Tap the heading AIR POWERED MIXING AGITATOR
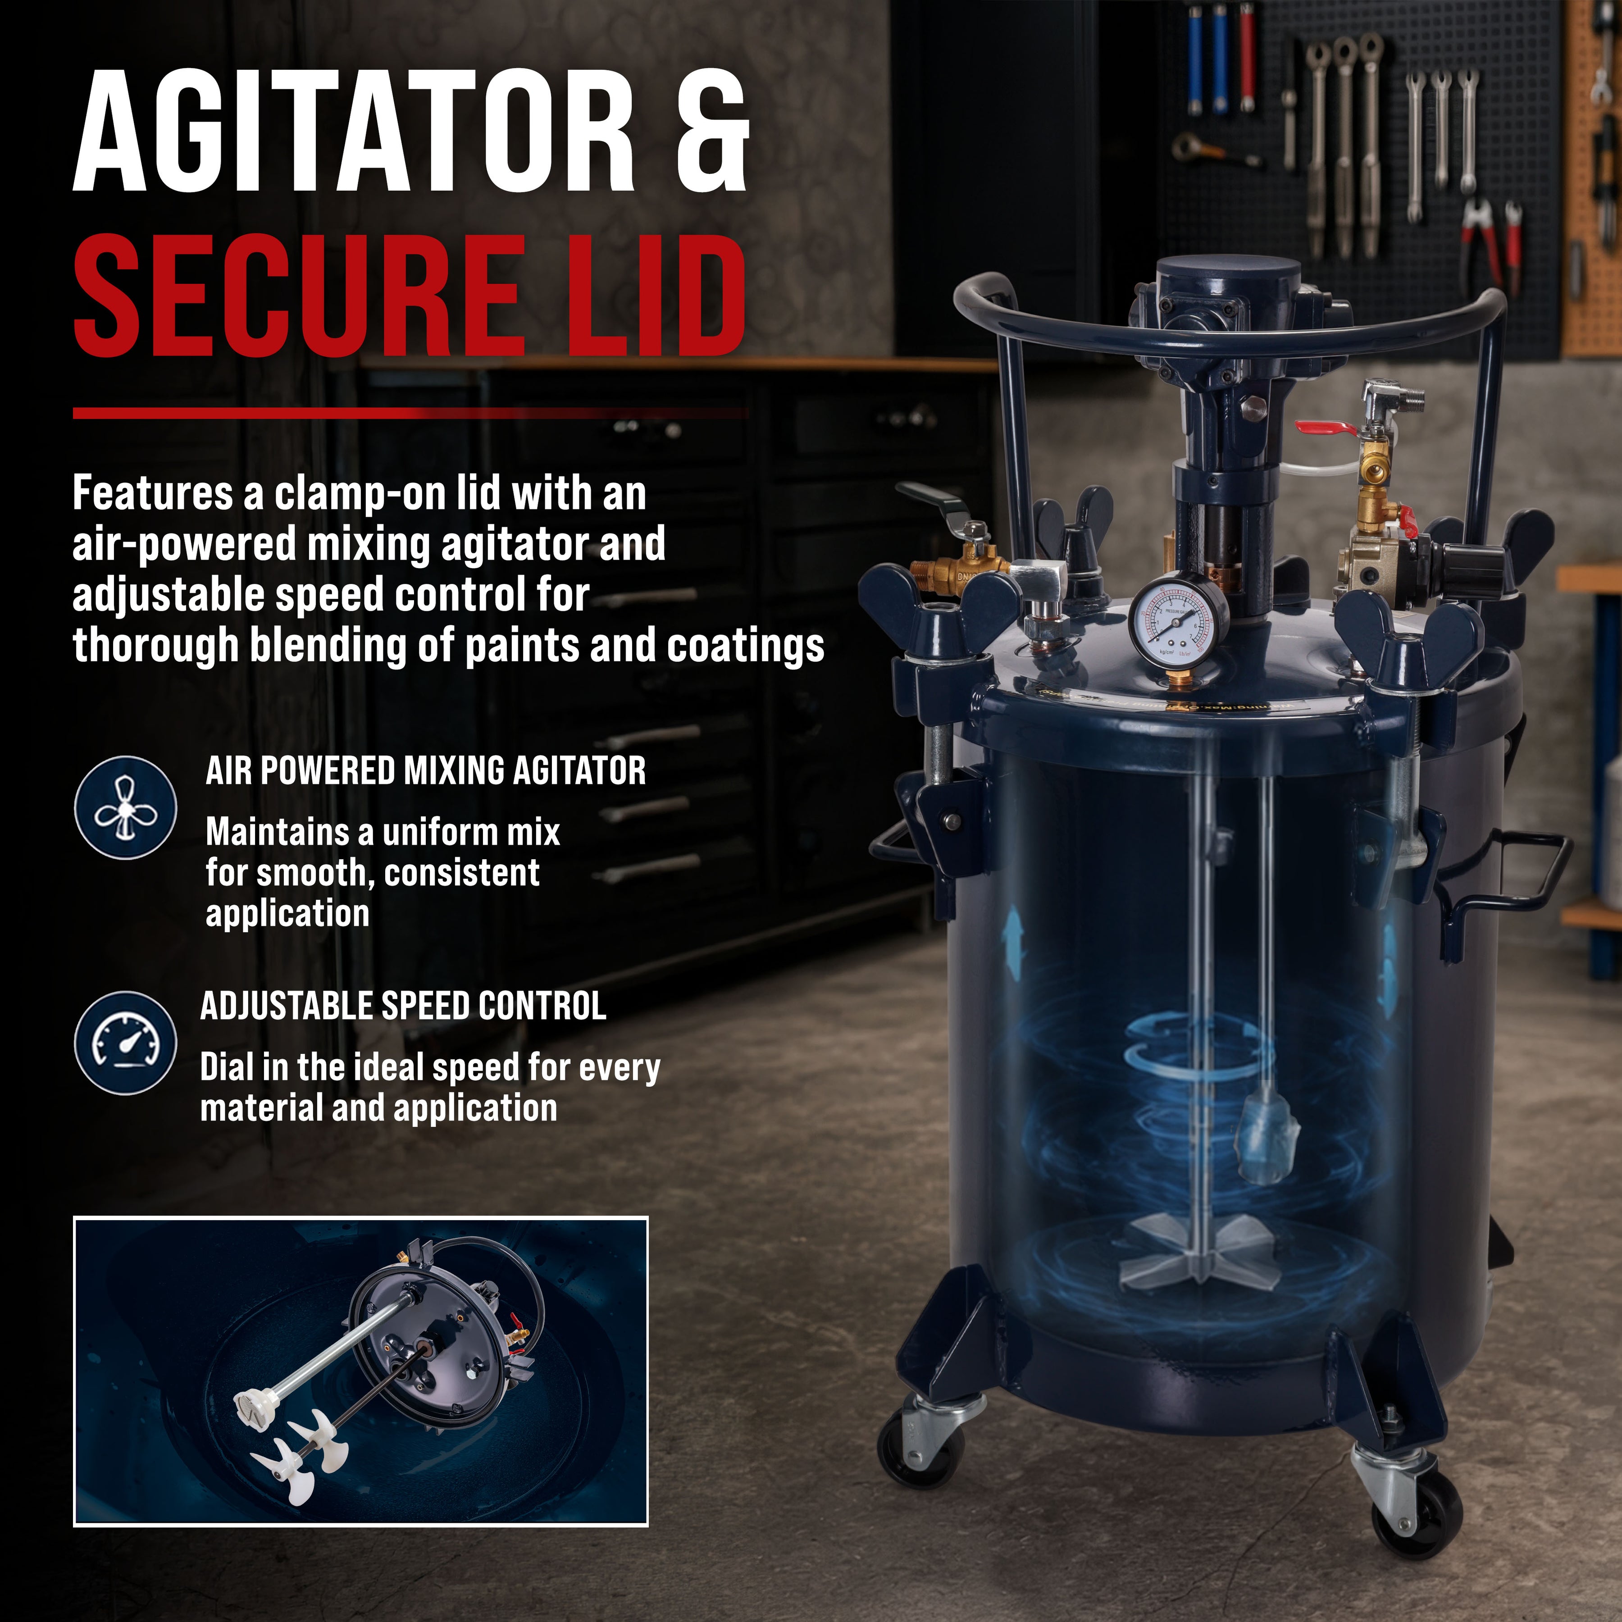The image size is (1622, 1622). [x=426, y=771]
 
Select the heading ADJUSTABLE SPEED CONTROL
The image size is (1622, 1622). [x=403, y=1006]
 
